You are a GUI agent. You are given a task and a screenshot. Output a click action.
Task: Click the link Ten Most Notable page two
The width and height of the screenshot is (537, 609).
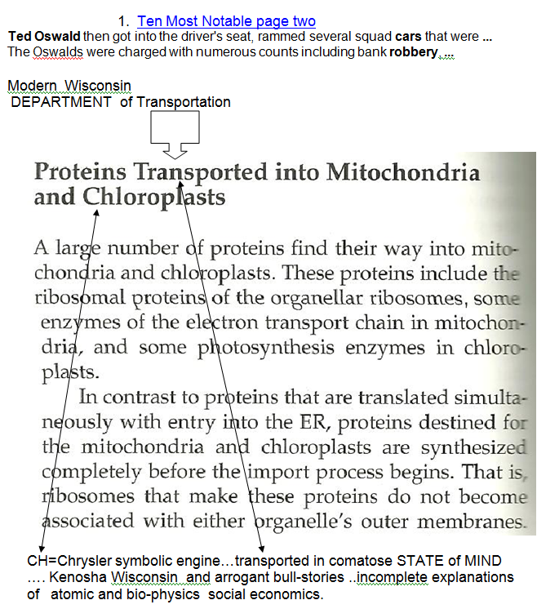pos(226,21)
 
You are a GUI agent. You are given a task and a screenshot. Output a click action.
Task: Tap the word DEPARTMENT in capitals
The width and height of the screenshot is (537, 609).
pos(60,102)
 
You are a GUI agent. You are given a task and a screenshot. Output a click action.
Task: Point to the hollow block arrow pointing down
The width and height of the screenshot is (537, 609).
pos(175,135)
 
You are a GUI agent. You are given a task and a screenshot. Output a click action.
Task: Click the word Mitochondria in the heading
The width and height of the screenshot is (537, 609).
pos(403,172)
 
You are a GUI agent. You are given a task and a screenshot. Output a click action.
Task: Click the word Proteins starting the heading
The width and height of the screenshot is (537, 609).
pos(80,172)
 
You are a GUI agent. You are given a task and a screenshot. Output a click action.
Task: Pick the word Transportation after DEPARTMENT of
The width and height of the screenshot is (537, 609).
pos(184,102)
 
